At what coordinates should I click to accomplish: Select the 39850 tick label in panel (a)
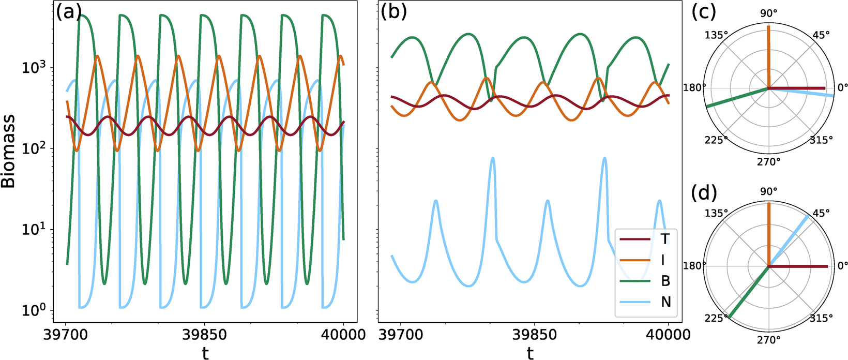[x=205, y=334]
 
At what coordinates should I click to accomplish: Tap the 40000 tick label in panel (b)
[x=668, y=334]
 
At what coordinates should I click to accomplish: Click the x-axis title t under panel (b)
[x=530, y=353]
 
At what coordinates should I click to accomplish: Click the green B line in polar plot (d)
[x=748, y=292]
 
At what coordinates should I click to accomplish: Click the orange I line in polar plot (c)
[x=769, y=57]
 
